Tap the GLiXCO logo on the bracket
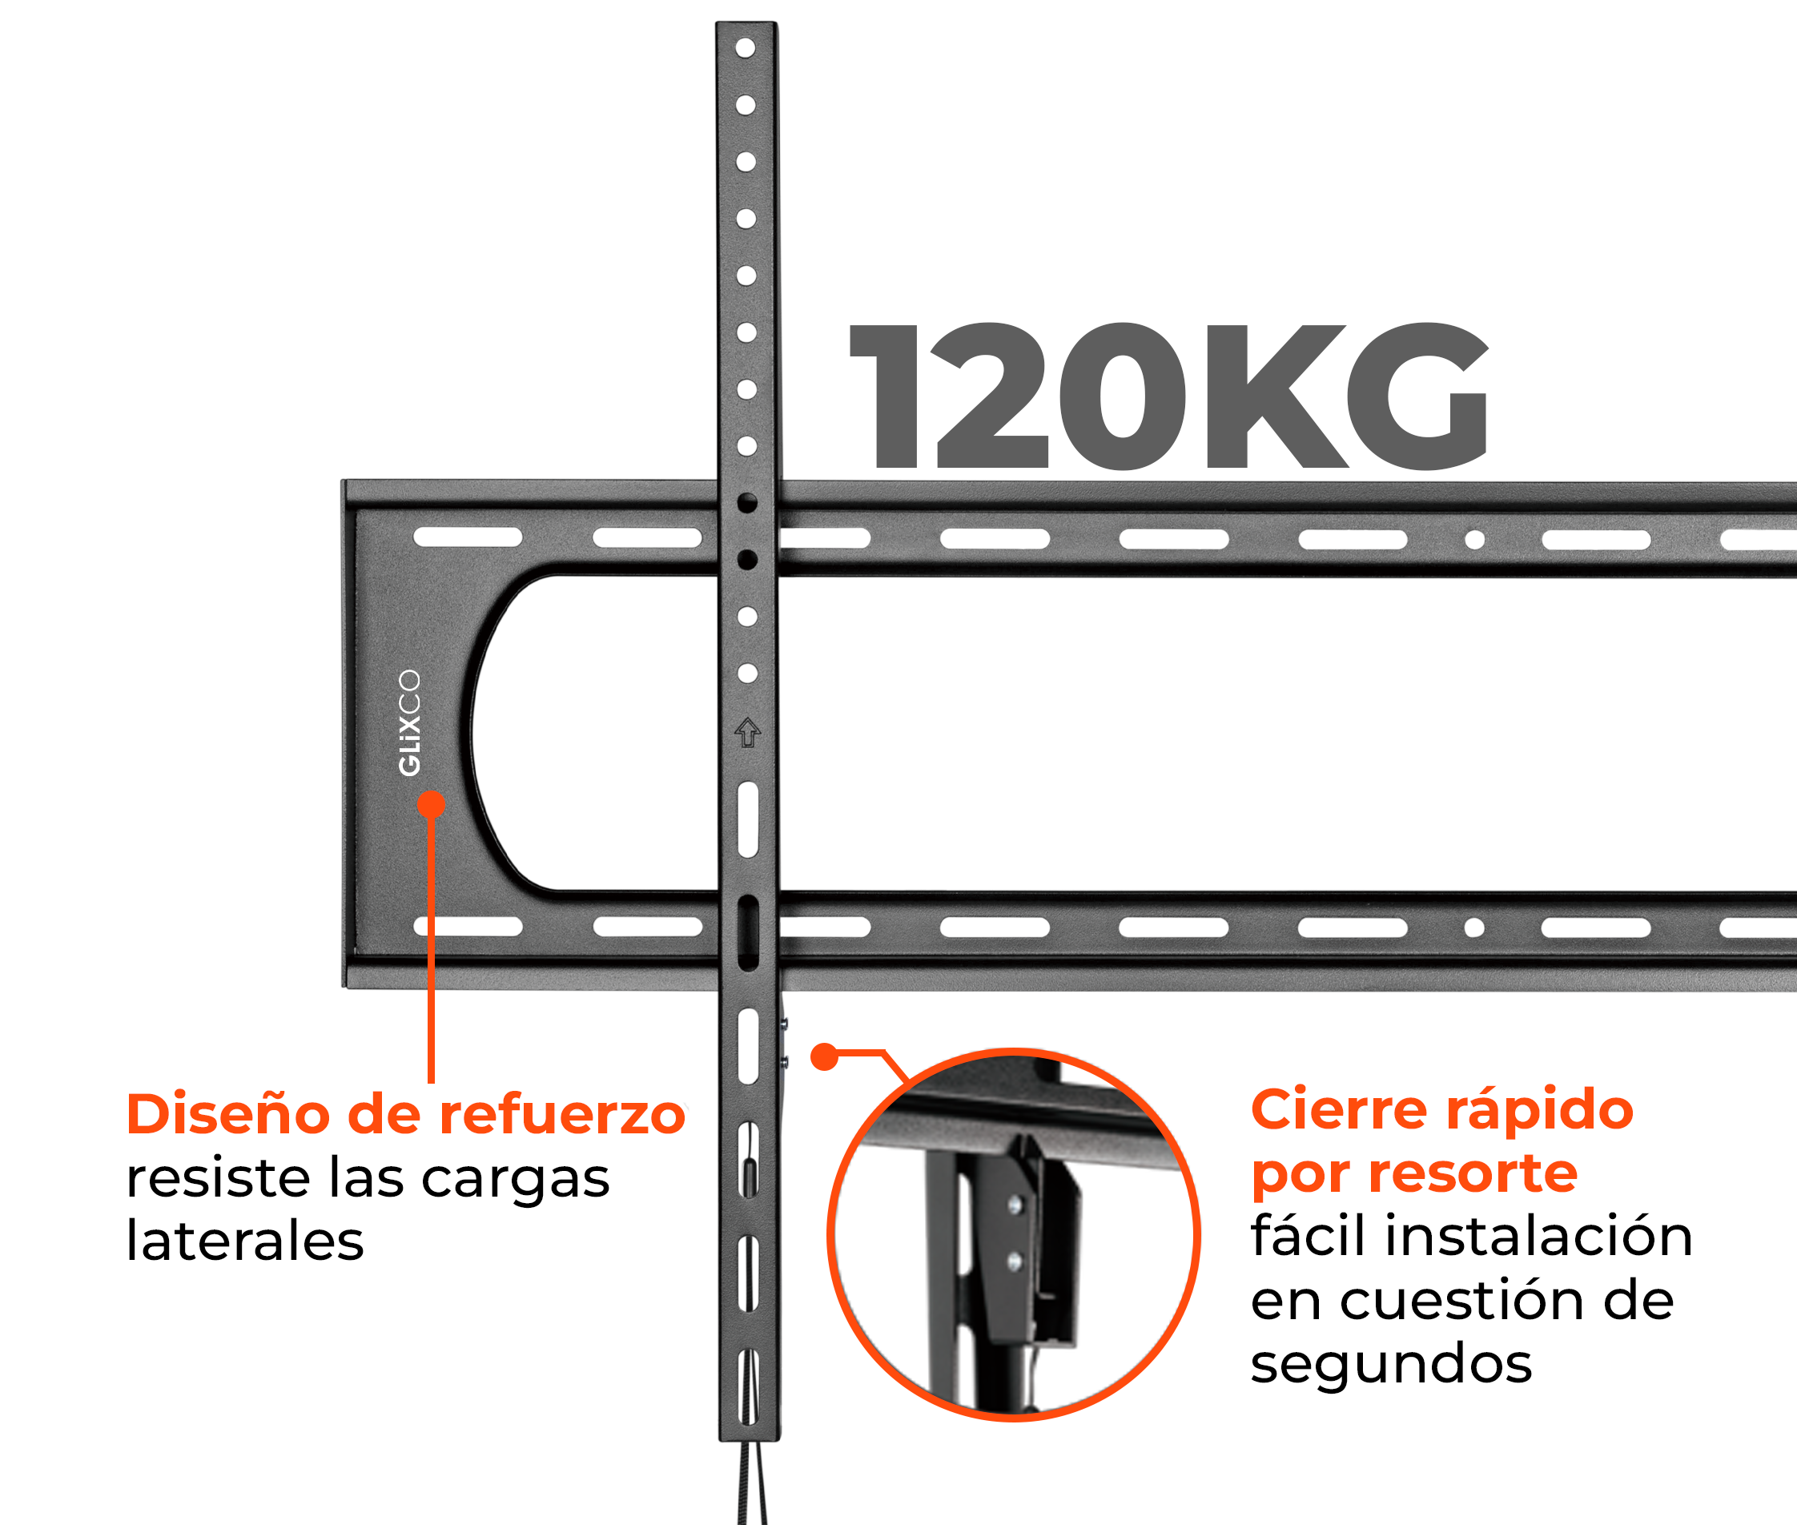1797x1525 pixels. pos(409,722)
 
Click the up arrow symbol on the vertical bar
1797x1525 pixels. pos(748,732)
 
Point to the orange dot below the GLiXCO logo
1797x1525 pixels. pos(432,805)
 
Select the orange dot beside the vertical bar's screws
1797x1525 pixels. pos(825,1056)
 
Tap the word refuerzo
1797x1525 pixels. pos(562,1114)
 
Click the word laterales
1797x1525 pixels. pos(244,1241)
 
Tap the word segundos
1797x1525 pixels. pos(1391,1363)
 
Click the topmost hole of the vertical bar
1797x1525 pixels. pos(745,47)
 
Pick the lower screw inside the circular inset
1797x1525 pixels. pos(1015,1263)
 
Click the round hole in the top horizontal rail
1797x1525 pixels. pos(1474,541)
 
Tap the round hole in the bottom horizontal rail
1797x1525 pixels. pos(1474,927)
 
